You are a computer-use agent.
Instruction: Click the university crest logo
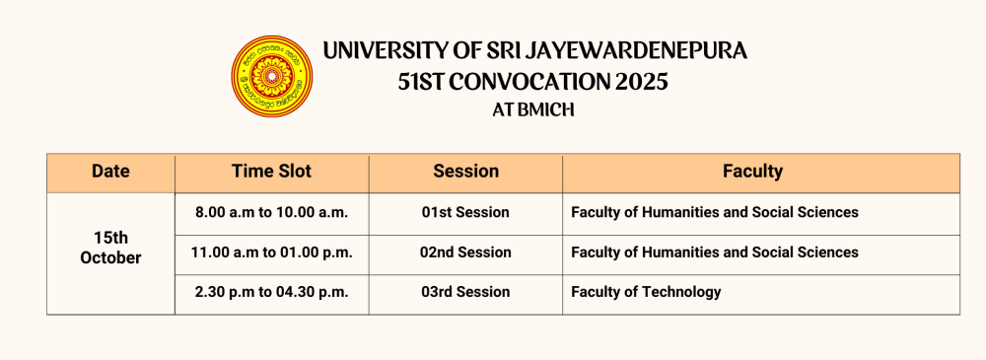(272, 76)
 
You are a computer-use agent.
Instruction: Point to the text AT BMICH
(533, 110)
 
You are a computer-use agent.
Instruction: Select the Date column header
(110, 172)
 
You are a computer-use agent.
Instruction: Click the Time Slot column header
(272, 172)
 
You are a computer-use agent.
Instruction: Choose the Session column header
(465, 172)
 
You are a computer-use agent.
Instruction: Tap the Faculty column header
(761, 172)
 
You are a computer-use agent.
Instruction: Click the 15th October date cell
(110, 248)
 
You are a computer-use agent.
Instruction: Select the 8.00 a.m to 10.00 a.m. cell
(272, 213)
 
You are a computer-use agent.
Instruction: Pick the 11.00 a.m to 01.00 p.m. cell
(272, 253)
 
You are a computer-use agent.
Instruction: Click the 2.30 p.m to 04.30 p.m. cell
(272, 293)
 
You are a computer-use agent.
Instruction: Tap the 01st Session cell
(465, 213)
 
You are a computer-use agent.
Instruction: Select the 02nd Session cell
(465, 253)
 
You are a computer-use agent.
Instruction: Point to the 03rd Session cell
(465, 293)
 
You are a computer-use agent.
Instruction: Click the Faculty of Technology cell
(761, 293)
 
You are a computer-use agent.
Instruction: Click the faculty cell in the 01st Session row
(761, 213)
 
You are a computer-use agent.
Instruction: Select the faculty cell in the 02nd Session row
(761, 253)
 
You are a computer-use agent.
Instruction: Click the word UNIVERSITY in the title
(387, 50)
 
